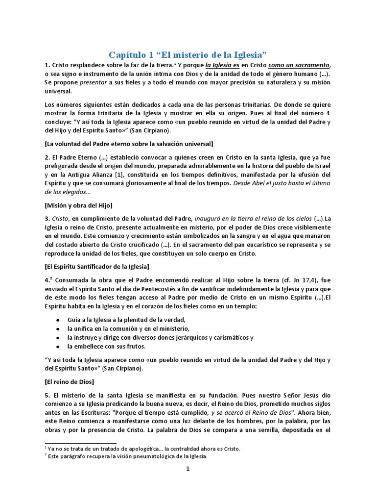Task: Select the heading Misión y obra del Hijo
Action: point(78,205)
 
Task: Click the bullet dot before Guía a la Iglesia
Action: point(58,320)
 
